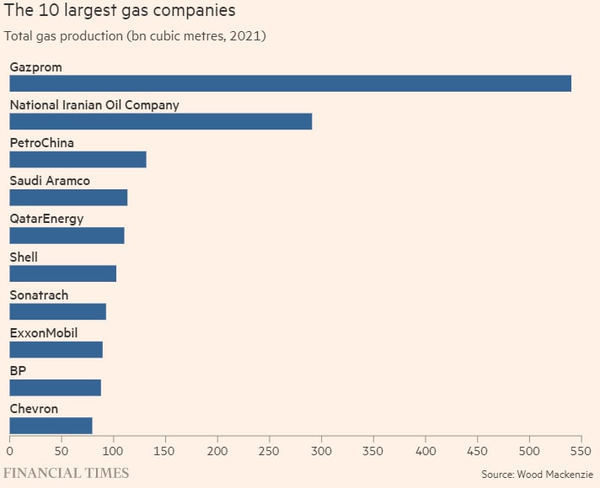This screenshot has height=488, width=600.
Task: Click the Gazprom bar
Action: (290, 83)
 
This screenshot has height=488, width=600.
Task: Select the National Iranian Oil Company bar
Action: (160, 121)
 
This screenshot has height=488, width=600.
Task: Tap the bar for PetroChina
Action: (78, 159)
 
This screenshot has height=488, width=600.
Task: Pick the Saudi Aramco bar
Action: (68, 197)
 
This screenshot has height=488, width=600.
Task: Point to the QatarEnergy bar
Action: (67, 236)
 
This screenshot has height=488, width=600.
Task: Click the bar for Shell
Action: (62, 273)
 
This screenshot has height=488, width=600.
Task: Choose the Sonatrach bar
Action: (57, 311)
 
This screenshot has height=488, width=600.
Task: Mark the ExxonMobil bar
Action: (56, 349)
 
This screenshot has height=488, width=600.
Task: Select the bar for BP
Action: (55, 387)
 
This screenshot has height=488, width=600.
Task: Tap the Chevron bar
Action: (51, 425)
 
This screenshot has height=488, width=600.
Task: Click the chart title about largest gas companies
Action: (120, 11)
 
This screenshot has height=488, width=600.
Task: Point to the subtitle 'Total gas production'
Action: (136, 36)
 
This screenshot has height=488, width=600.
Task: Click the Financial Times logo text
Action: (68, 473)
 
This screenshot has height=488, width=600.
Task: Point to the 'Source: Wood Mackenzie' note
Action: (537, 475)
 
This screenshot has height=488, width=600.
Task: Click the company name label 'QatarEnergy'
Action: (46, 219)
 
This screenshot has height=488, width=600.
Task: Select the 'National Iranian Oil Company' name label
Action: (94, 105)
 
